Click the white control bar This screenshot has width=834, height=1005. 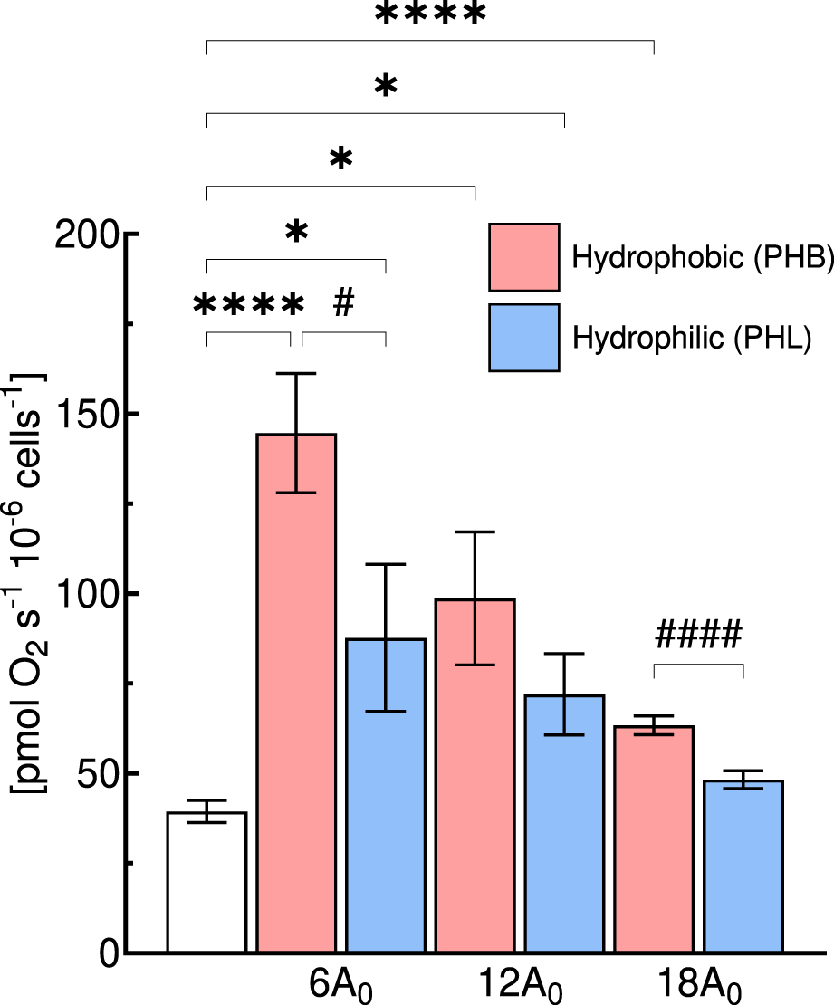click(206, 882)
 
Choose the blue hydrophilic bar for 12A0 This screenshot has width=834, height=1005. click(564, 823)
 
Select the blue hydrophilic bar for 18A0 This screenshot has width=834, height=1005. click(743, 866)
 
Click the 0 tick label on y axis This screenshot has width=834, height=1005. click(108, 954)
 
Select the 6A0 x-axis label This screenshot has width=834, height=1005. click(340, 985)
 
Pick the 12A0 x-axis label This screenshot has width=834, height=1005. click(517, 985)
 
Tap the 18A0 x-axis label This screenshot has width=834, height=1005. click(698, 985)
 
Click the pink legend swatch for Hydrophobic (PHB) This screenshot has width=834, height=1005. click(524, 257)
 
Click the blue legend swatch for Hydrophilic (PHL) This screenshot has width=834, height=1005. click(524, 337)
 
